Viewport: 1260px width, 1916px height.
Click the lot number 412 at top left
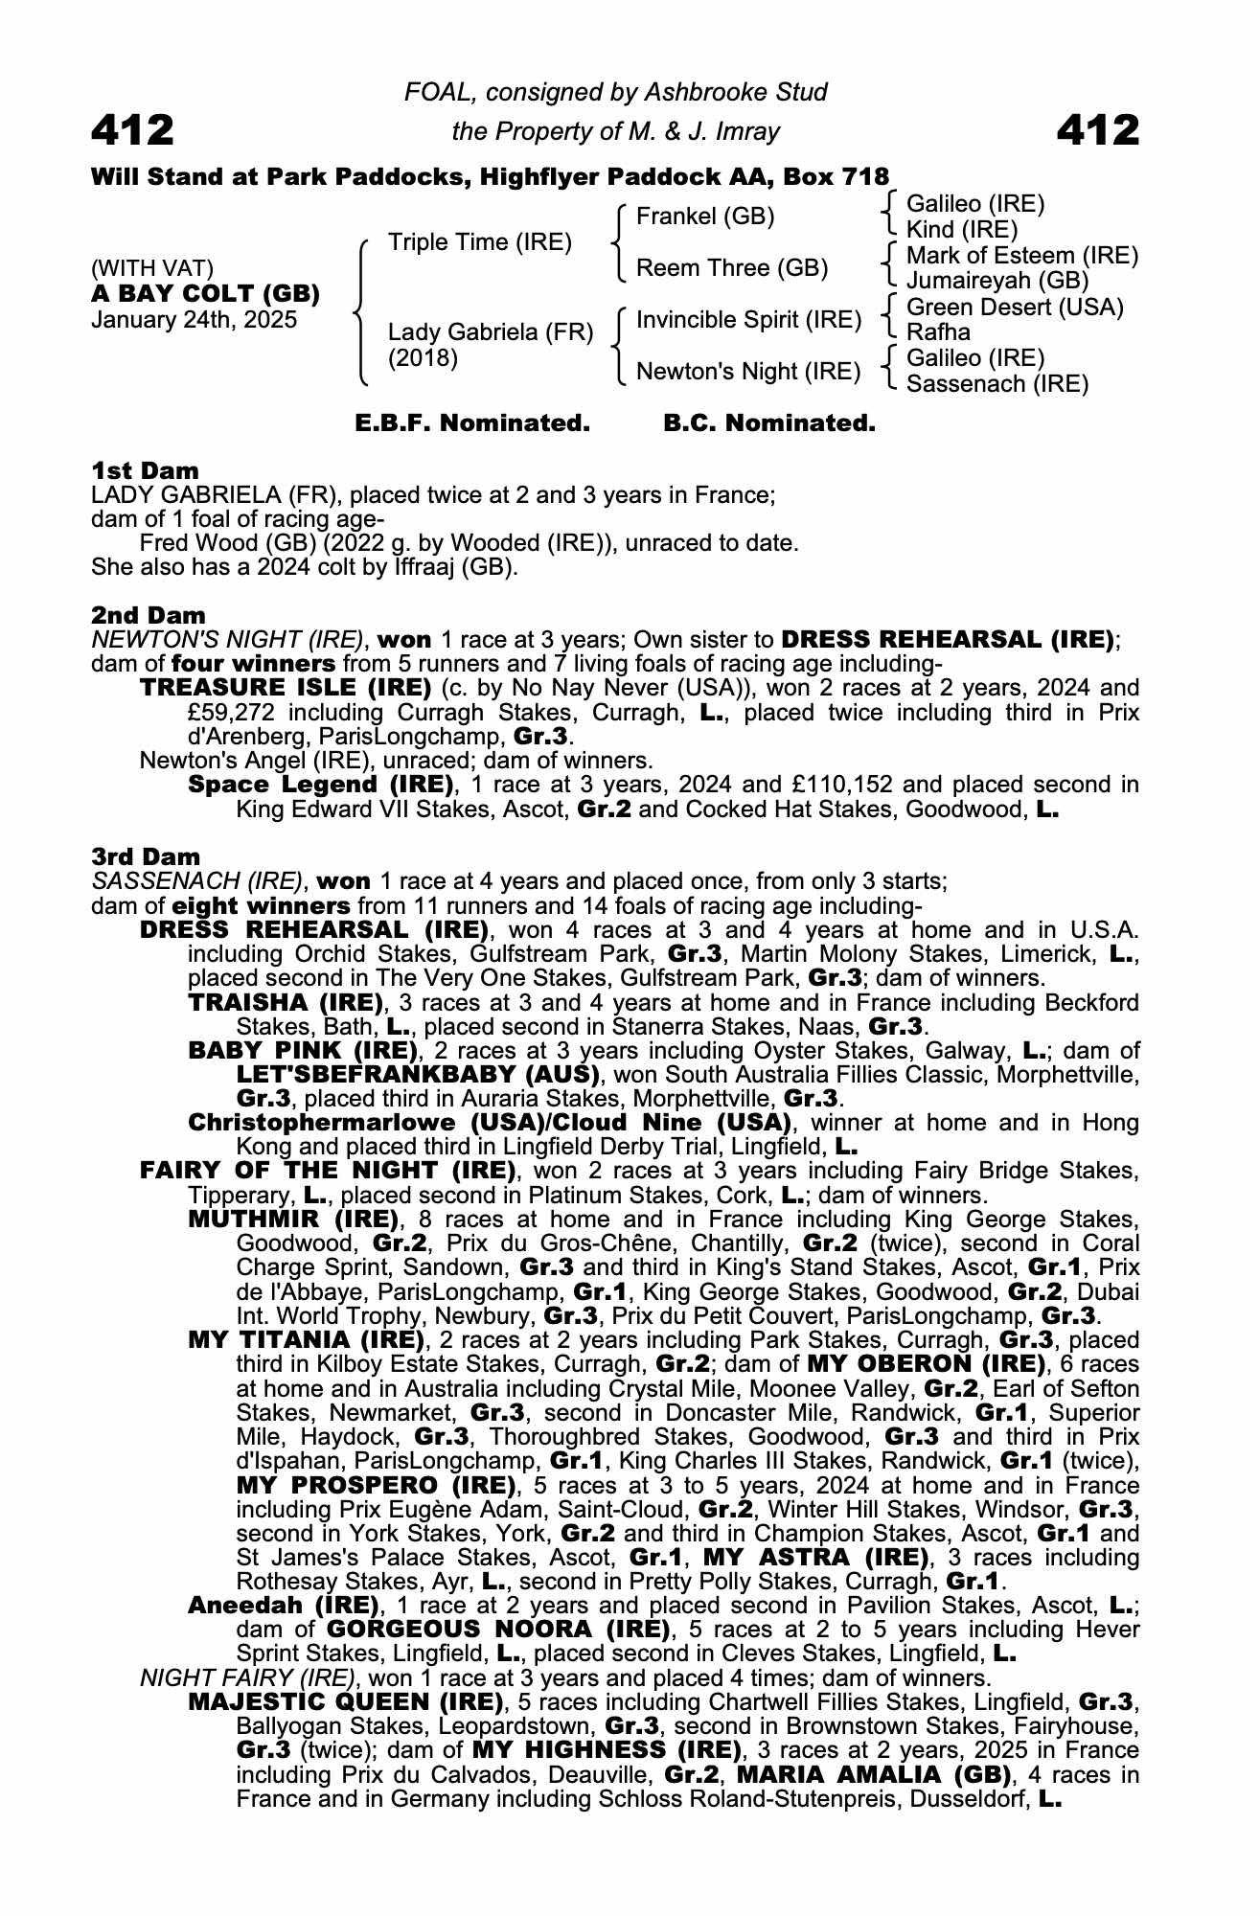tap(132, 130)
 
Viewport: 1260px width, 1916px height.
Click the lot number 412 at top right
tap(1098, 130)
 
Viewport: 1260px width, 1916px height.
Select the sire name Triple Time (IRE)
tap(479, 242)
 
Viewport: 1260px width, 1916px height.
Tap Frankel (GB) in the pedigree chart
tap(705, 217)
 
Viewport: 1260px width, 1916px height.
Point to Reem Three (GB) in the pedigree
tap(732, 268)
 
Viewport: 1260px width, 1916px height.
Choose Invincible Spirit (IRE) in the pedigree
tap(748, 320)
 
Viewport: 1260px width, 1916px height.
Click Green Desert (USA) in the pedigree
tap(1015, 308)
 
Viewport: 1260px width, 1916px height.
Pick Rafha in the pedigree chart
tap(938, 332)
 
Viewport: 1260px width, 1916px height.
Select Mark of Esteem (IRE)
tap(1021, 256)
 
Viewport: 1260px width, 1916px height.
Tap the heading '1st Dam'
tap(145, 470)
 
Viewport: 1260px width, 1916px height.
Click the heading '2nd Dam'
tap(148, 615)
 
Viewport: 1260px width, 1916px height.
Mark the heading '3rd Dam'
tap(146, 856)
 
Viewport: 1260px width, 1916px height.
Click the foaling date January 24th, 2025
tap(194, 320)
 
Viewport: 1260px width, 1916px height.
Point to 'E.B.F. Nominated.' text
tap(472, 422)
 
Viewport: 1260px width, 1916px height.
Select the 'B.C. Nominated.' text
tap(769, 422)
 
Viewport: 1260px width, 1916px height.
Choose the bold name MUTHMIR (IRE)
tap(293, 1220)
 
